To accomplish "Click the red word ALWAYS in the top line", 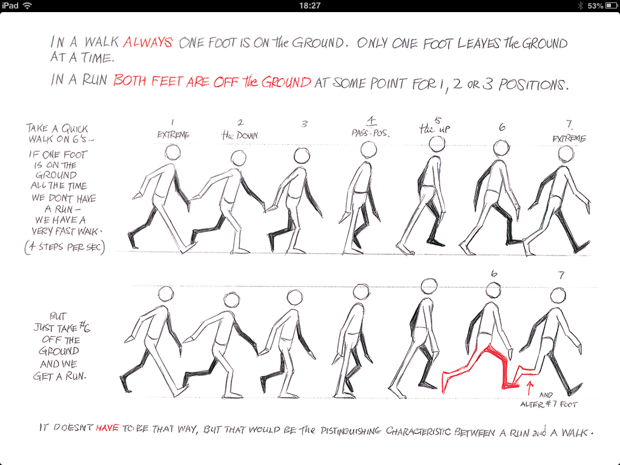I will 148,43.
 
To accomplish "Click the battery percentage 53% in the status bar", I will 595,5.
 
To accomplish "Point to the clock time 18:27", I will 309,5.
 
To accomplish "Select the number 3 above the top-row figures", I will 305,124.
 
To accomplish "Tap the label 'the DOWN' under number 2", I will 239,135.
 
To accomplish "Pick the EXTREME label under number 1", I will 173,135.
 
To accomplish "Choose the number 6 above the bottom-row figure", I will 495,274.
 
